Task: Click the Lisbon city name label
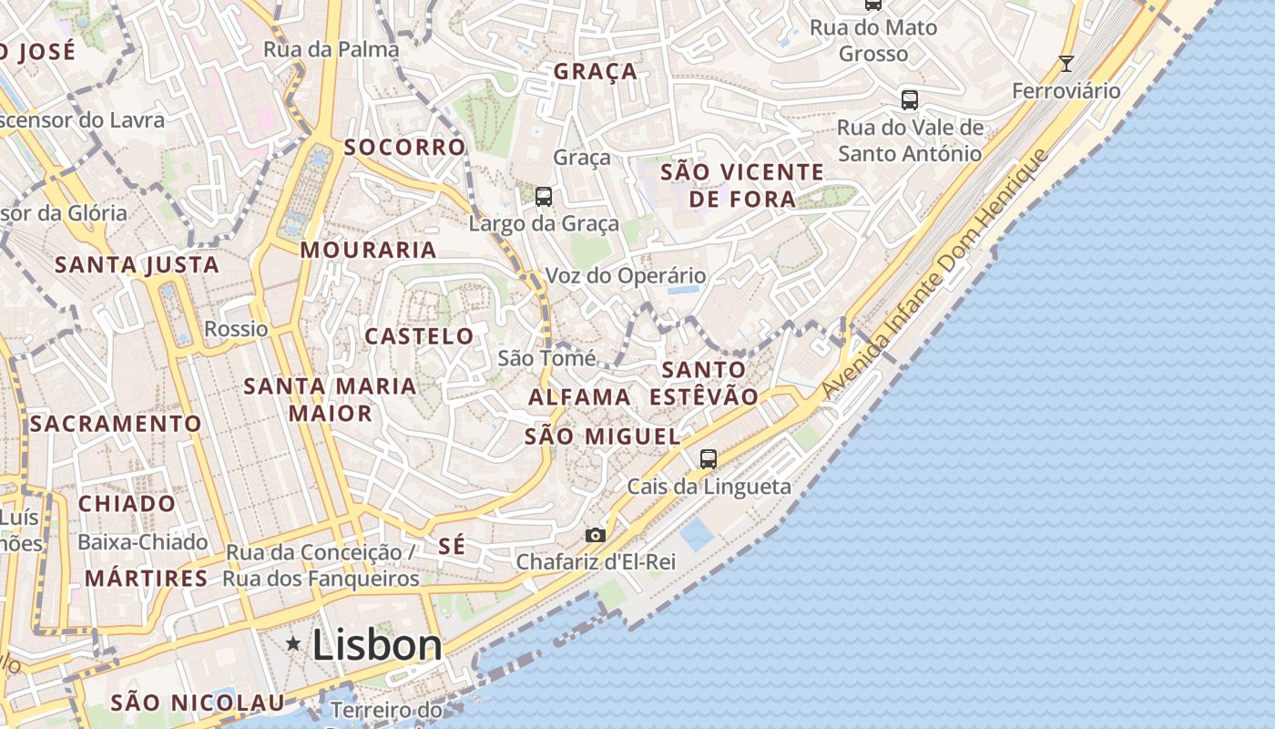377,645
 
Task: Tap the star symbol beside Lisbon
293,644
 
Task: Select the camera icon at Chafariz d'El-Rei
595,535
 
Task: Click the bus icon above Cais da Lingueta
709,459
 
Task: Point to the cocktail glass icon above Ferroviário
1066,64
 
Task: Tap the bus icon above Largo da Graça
544,196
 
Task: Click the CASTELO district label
419,336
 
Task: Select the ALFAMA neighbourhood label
579,397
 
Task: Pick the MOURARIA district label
369,250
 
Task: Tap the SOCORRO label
404,147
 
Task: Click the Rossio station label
236,329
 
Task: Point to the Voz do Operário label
625,275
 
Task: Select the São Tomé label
546,358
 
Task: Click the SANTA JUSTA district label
137,265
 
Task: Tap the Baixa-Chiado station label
143,542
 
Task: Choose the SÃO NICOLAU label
197,703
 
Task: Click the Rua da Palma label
331,49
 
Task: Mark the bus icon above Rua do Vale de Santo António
909,100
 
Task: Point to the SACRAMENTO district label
116,424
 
